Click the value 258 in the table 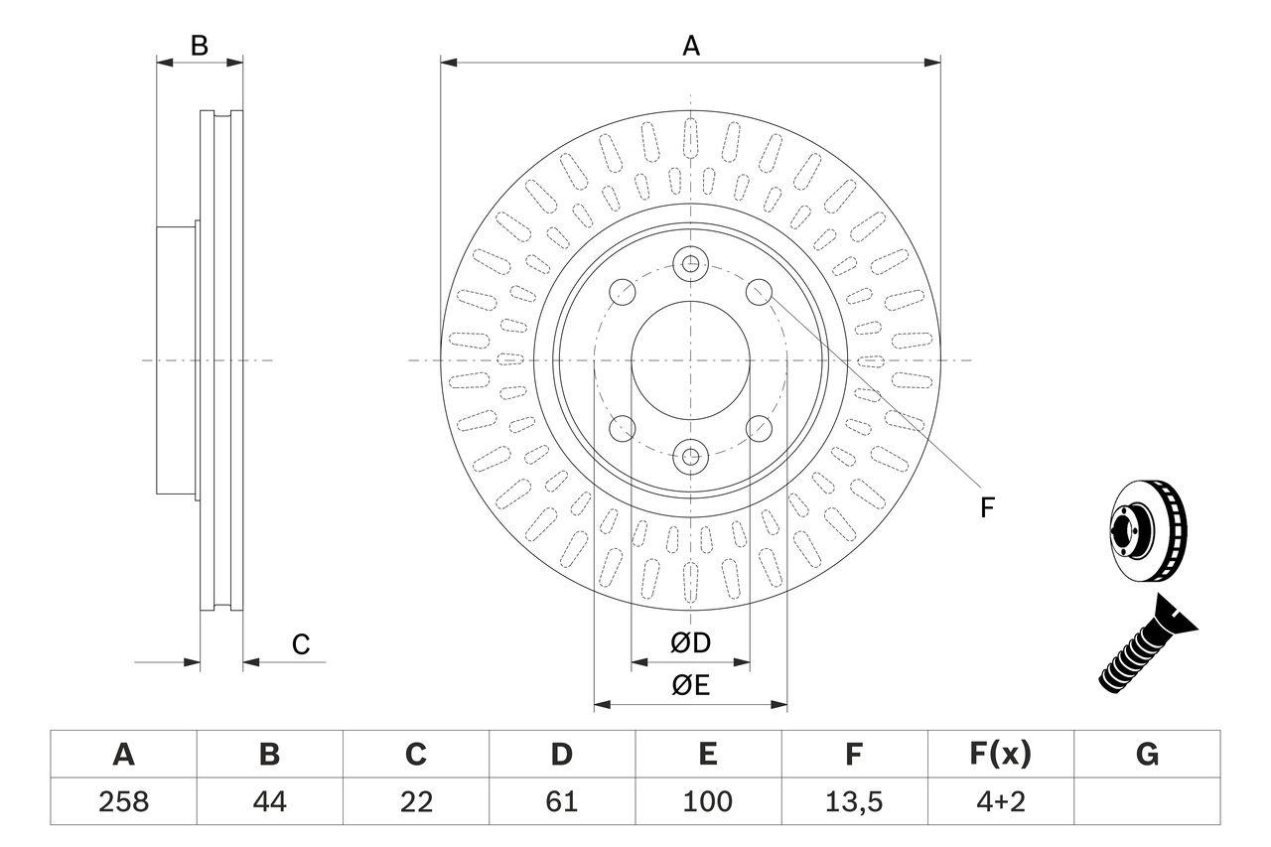(x=123, y=801)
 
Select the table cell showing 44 (x=269, y=801)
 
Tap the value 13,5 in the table (x=853, y=801)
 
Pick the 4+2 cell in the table (x=1000, y=801)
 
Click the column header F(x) (x=1000, y=755)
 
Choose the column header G (x=1147, y=755)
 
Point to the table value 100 (x=707, y=801)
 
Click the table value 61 (x=561, y=801)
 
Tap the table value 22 (x=415, y=801)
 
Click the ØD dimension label (x=691, y=643)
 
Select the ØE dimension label (x=691, y=686)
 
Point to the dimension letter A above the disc (x=691, y=46)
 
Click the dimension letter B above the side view (x=200, y=46)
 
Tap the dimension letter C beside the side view (x=301, y=644)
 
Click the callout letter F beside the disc (x=986, y=508)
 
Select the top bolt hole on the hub (x=690, y=264)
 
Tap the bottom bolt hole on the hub (x=690, y=457)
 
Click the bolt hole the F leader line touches (x=760, y=291)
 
